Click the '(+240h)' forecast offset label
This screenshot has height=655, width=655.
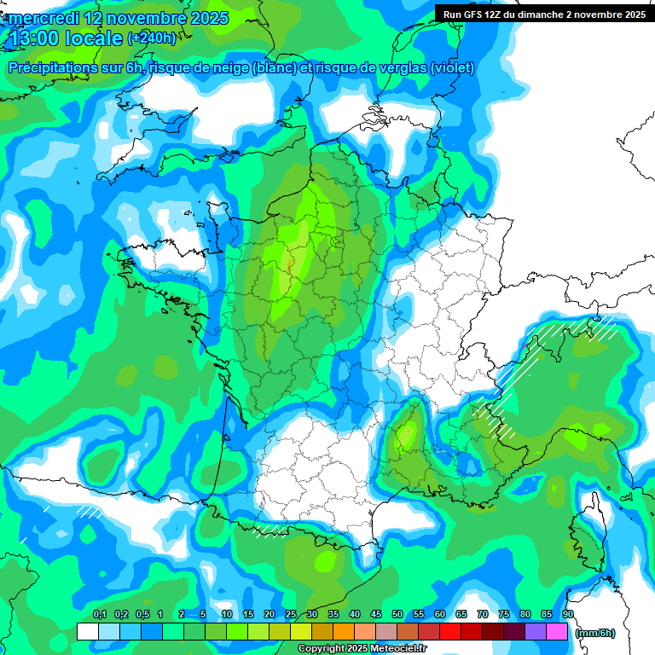[x=152, y=38]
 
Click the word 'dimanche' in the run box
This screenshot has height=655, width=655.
[x=552, y=14]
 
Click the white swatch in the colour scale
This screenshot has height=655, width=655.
[x=87, y=632]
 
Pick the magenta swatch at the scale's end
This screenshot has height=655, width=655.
[x=557, y=632]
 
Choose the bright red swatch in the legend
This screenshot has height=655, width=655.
[x=450, y=632]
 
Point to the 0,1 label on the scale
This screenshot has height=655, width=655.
[x=99, y=615]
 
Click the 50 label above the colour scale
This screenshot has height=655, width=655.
[x=397, y=615]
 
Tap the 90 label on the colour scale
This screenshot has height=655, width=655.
[x=567, y=615]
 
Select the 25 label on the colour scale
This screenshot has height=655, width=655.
[x=291, y=615]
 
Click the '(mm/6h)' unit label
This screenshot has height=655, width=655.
[x=595, y=633]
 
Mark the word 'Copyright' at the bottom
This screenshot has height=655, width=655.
[x=322, y=649]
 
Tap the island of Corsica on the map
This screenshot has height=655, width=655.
[x=585, y=534]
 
